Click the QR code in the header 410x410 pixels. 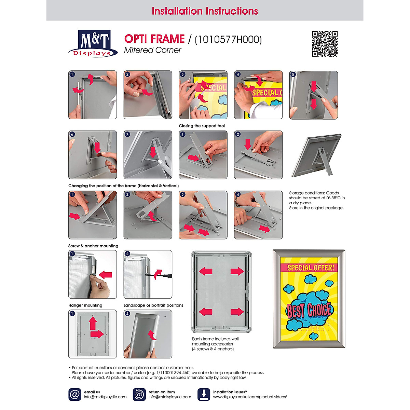click(325, 44)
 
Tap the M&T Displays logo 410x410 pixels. click(93, 43)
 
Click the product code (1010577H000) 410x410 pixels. click(228, 40)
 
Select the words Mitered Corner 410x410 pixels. click(152, 50)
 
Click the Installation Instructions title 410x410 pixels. click(205, 11)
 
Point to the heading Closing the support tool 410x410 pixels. click(202, 126)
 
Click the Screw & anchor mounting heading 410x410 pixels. click(93, 246)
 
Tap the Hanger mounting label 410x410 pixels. click(85, 305)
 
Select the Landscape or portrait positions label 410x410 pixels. click(153, 305)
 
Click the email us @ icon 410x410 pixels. click(74, 394)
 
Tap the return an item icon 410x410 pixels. click(139, 394)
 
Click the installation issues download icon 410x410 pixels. click(204, 394)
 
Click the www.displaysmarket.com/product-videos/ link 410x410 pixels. click(250, 397)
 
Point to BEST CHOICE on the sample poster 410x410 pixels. click(309, 310)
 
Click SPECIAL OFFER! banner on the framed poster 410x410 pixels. click(310, 268)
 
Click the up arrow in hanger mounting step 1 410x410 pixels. click(93, 323)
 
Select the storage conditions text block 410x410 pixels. click(317, 200)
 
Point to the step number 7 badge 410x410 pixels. click(127, 134)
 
